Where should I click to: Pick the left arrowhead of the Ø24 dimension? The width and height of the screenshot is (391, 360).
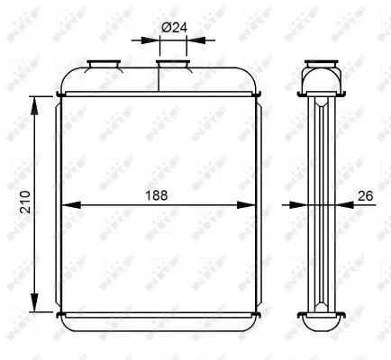pyautogui.click(x=151, y=40)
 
